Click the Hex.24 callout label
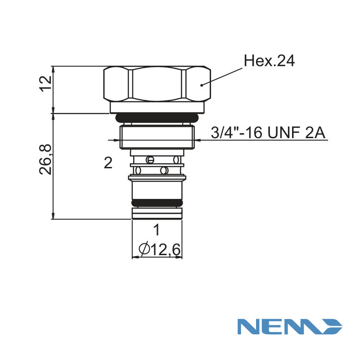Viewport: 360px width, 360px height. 269,61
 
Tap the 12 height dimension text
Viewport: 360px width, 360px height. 46,84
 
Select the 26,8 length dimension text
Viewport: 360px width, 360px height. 45,160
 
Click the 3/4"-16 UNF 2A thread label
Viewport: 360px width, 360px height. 268,133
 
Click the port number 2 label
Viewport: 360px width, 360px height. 108,163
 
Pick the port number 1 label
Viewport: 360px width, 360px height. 157,230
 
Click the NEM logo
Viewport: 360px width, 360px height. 290,326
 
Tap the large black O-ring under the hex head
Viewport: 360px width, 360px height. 157,118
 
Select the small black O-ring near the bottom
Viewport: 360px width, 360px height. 157,203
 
